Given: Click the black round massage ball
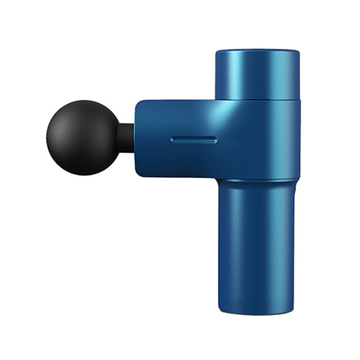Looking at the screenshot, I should click(x=83, y=137).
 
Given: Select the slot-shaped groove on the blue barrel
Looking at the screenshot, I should click(x=194, y=140).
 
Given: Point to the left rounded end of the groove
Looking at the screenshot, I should click(x=173, y=140).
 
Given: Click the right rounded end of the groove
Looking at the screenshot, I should click(x=215, y=140).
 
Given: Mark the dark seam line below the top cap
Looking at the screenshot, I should click(x=257, y=101).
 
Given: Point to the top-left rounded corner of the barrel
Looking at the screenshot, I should click(x=138, y=104).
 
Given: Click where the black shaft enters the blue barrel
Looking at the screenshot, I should click(x=135, y=138).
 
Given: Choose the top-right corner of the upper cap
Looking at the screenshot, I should click(x=297, y=52).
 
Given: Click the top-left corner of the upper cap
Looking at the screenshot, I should click(x=217, y=52).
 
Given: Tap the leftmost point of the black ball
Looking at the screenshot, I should click(x=47, y=137).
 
